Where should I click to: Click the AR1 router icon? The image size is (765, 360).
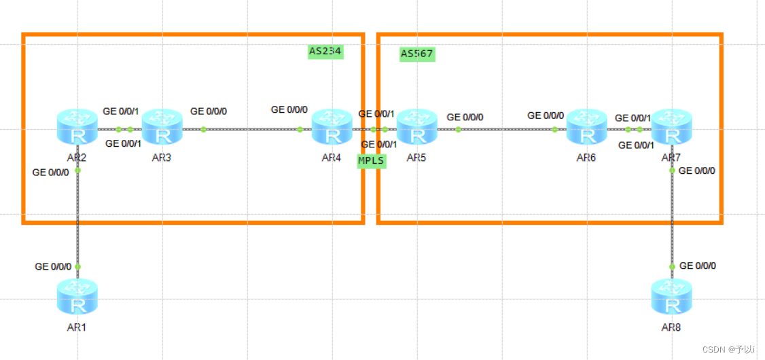[x=77, y=297]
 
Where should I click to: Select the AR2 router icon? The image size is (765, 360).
[x=77, y=127]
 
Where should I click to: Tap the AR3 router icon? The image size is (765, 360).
[x=162, y=127]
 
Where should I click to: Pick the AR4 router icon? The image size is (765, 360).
[x=332, y=127]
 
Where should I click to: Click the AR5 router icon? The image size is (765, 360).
[x=417, y=127]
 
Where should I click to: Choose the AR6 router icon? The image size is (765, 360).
[x=586, y=127]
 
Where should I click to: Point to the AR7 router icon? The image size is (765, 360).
[x=671, y=127]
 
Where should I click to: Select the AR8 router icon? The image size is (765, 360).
[x=671, y=297]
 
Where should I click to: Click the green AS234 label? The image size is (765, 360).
[x=325, y=51]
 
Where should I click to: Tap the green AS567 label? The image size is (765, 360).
[x=417, y=54]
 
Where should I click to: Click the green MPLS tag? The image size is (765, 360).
[x=372, y=161]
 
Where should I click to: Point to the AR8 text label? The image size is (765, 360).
[x=671, y=327]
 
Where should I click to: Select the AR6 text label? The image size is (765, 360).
[x=586, y=158]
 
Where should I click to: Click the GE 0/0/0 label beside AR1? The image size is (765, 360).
[x=52, y=267]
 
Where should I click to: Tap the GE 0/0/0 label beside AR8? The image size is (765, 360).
[x=697, y=266]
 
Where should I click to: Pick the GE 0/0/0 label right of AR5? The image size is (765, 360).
[x=465, y=118]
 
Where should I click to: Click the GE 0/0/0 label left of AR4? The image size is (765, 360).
[x=289, y=109]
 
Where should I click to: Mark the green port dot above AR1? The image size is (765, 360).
[x=77, y=267]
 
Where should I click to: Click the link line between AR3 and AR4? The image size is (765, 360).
[x=251, y=129]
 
